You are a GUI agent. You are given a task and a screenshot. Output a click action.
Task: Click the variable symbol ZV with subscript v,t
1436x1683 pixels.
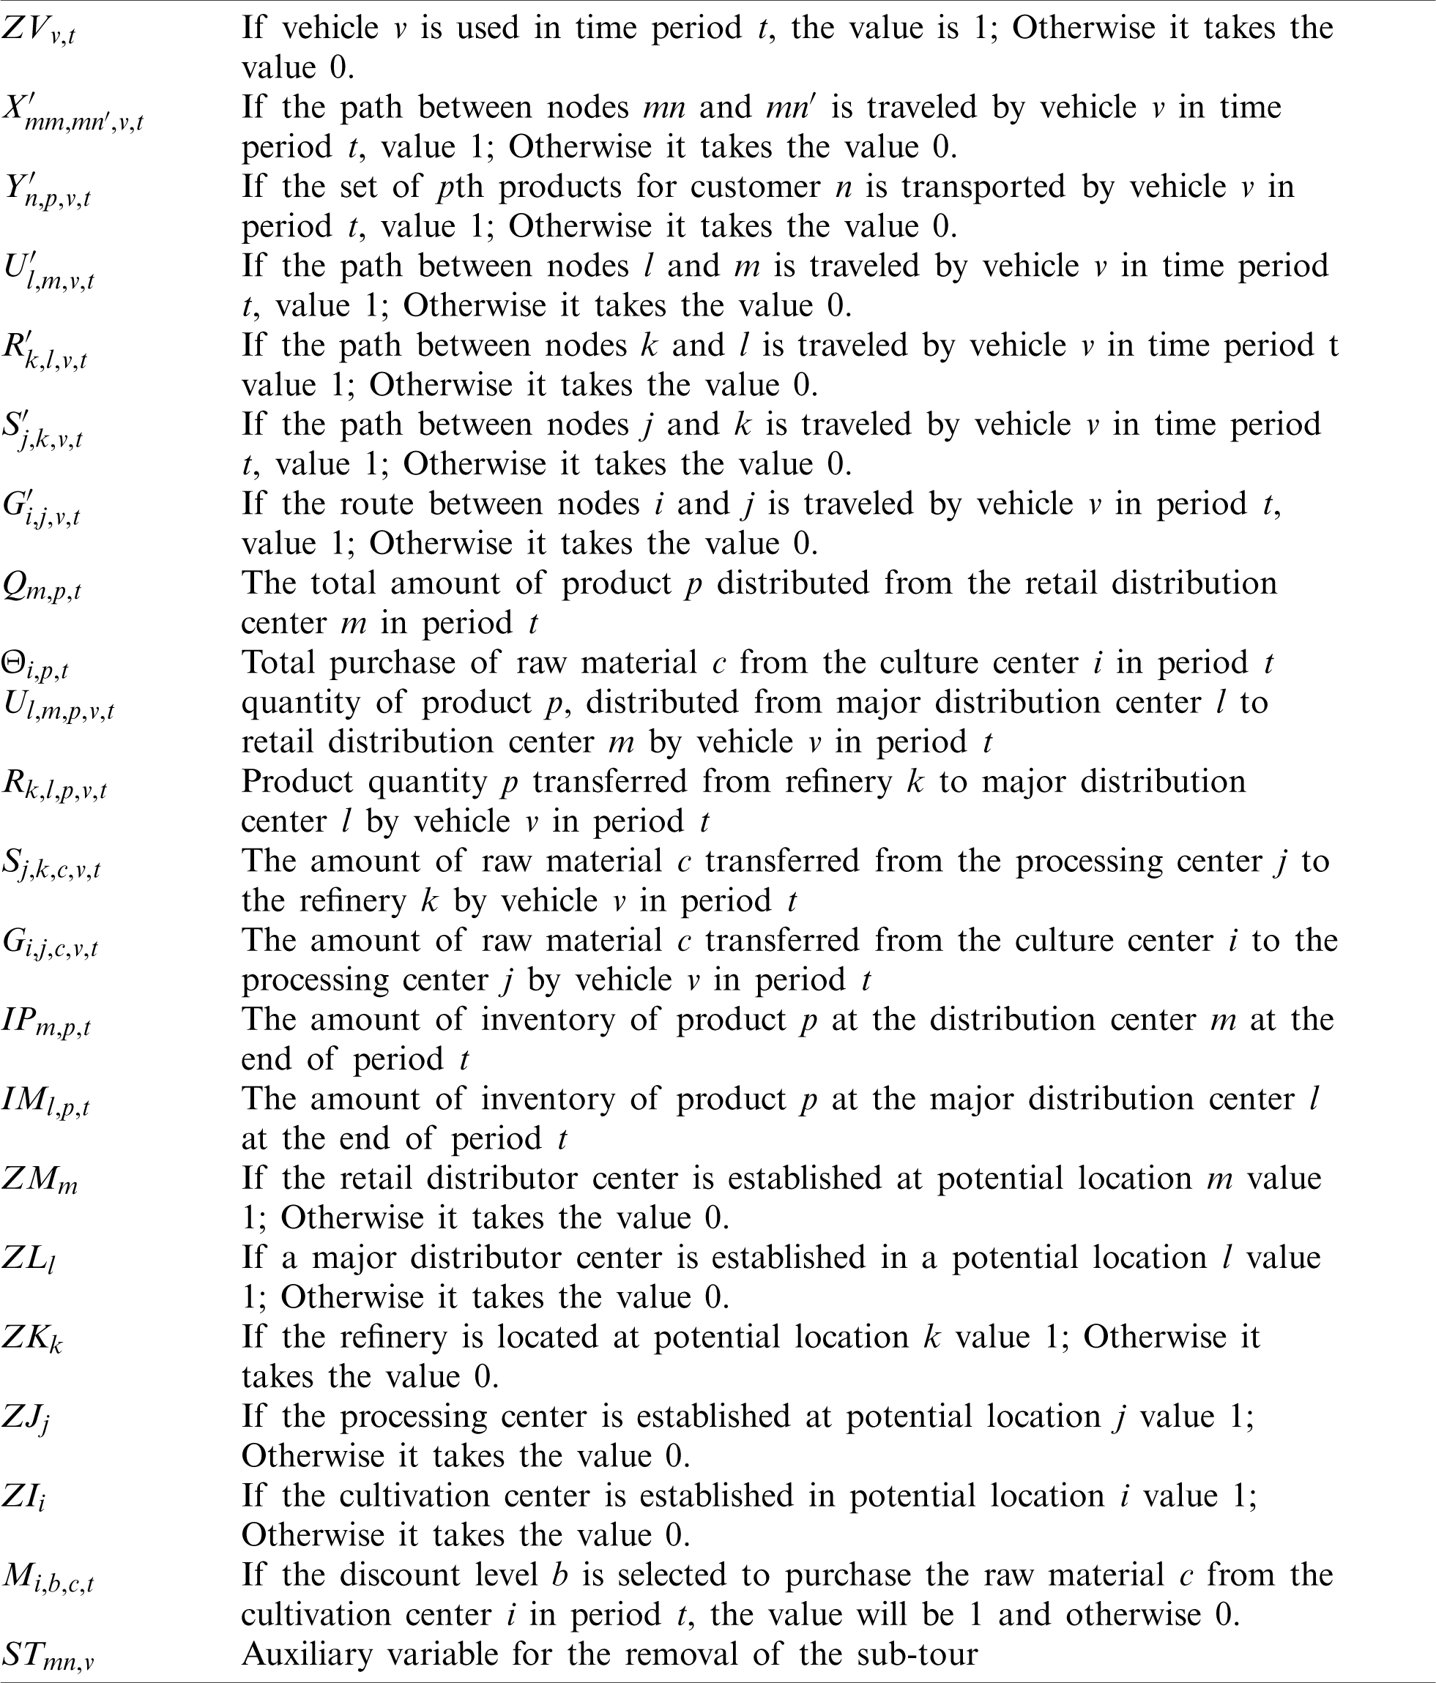(x=38, y=31)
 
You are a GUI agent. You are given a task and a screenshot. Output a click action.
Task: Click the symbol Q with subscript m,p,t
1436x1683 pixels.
(x=40, y=586)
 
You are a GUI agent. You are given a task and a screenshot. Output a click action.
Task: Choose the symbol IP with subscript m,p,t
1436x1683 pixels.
(x=45, y=1023)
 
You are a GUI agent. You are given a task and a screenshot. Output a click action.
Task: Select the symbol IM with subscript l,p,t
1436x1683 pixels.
(x=45, y=1102)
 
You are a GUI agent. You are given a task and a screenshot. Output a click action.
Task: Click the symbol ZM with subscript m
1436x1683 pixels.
(x=39, y=1179)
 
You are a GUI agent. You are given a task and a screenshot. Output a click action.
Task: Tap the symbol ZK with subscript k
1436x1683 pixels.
(x=32, y=1339)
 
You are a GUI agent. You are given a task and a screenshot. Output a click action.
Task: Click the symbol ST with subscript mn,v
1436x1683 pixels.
(x=47, y=1655)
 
